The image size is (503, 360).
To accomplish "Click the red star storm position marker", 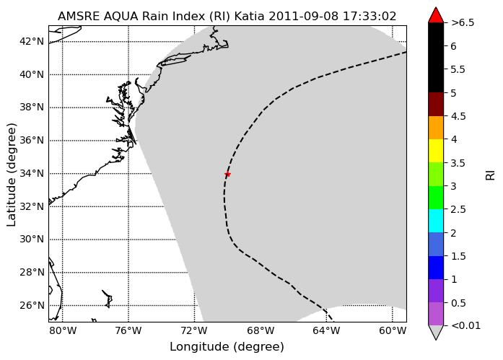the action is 227,174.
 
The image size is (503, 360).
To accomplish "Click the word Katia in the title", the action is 249,16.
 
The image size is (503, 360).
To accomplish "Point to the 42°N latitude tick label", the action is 32,41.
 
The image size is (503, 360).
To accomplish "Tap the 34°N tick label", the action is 32,173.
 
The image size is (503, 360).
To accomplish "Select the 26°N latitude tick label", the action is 32,305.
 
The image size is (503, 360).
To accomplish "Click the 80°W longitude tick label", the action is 63,330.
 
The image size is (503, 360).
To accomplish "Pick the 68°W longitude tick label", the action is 261,330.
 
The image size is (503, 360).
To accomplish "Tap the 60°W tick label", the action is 393,330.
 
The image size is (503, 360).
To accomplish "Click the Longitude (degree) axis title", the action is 227,347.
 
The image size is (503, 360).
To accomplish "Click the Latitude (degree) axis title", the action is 11,175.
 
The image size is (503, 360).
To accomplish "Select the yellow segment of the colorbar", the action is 436,151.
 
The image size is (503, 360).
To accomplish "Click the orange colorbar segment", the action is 436,128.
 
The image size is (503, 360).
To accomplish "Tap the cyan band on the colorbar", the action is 436,221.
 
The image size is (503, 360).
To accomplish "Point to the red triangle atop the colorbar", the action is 436,16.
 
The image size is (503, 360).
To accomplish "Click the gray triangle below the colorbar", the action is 436,332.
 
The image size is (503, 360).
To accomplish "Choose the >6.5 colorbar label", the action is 463,23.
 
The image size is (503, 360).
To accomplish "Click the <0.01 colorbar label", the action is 465,325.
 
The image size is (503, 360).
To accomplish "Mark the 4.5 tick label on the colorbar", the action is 458,116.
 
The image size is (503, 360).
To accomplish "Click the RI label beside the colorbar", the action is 491,175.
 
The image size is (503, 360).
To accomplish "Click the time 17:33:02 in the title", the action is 369,16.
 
